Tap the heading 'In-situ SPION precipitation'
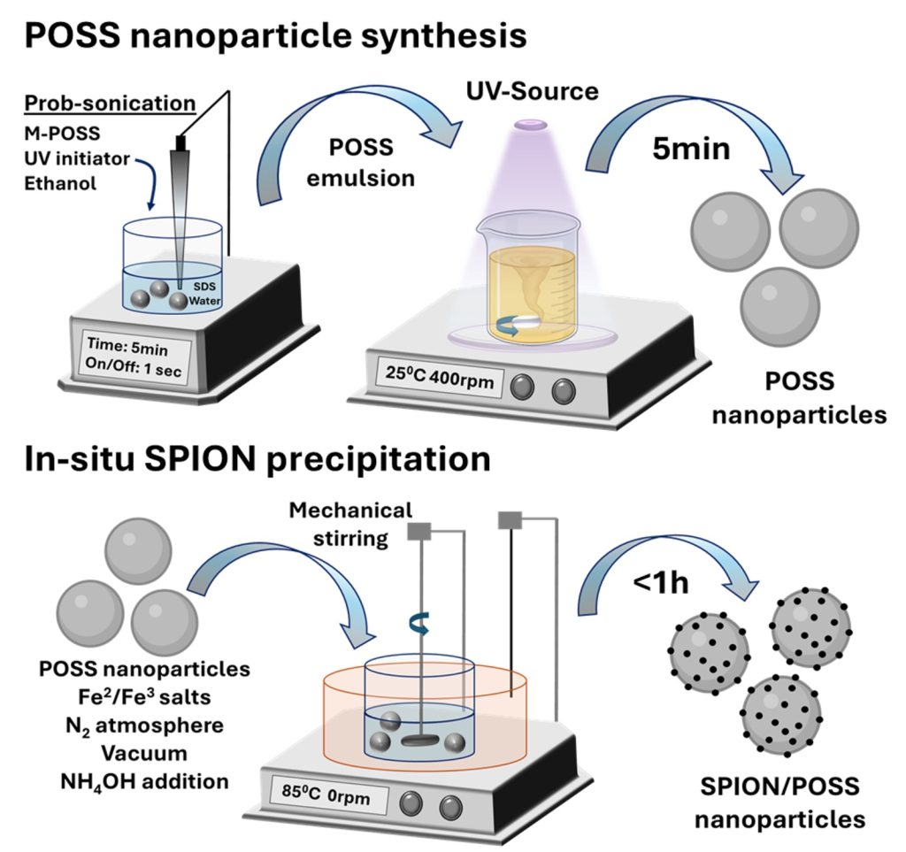tap(257, 461)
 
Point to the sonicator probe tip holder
tap(182, 142)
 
